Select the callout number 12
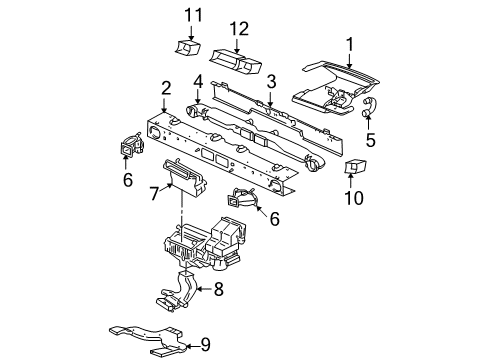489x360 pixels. (239, 29)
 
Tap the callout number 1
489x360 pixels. (349, 43)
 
